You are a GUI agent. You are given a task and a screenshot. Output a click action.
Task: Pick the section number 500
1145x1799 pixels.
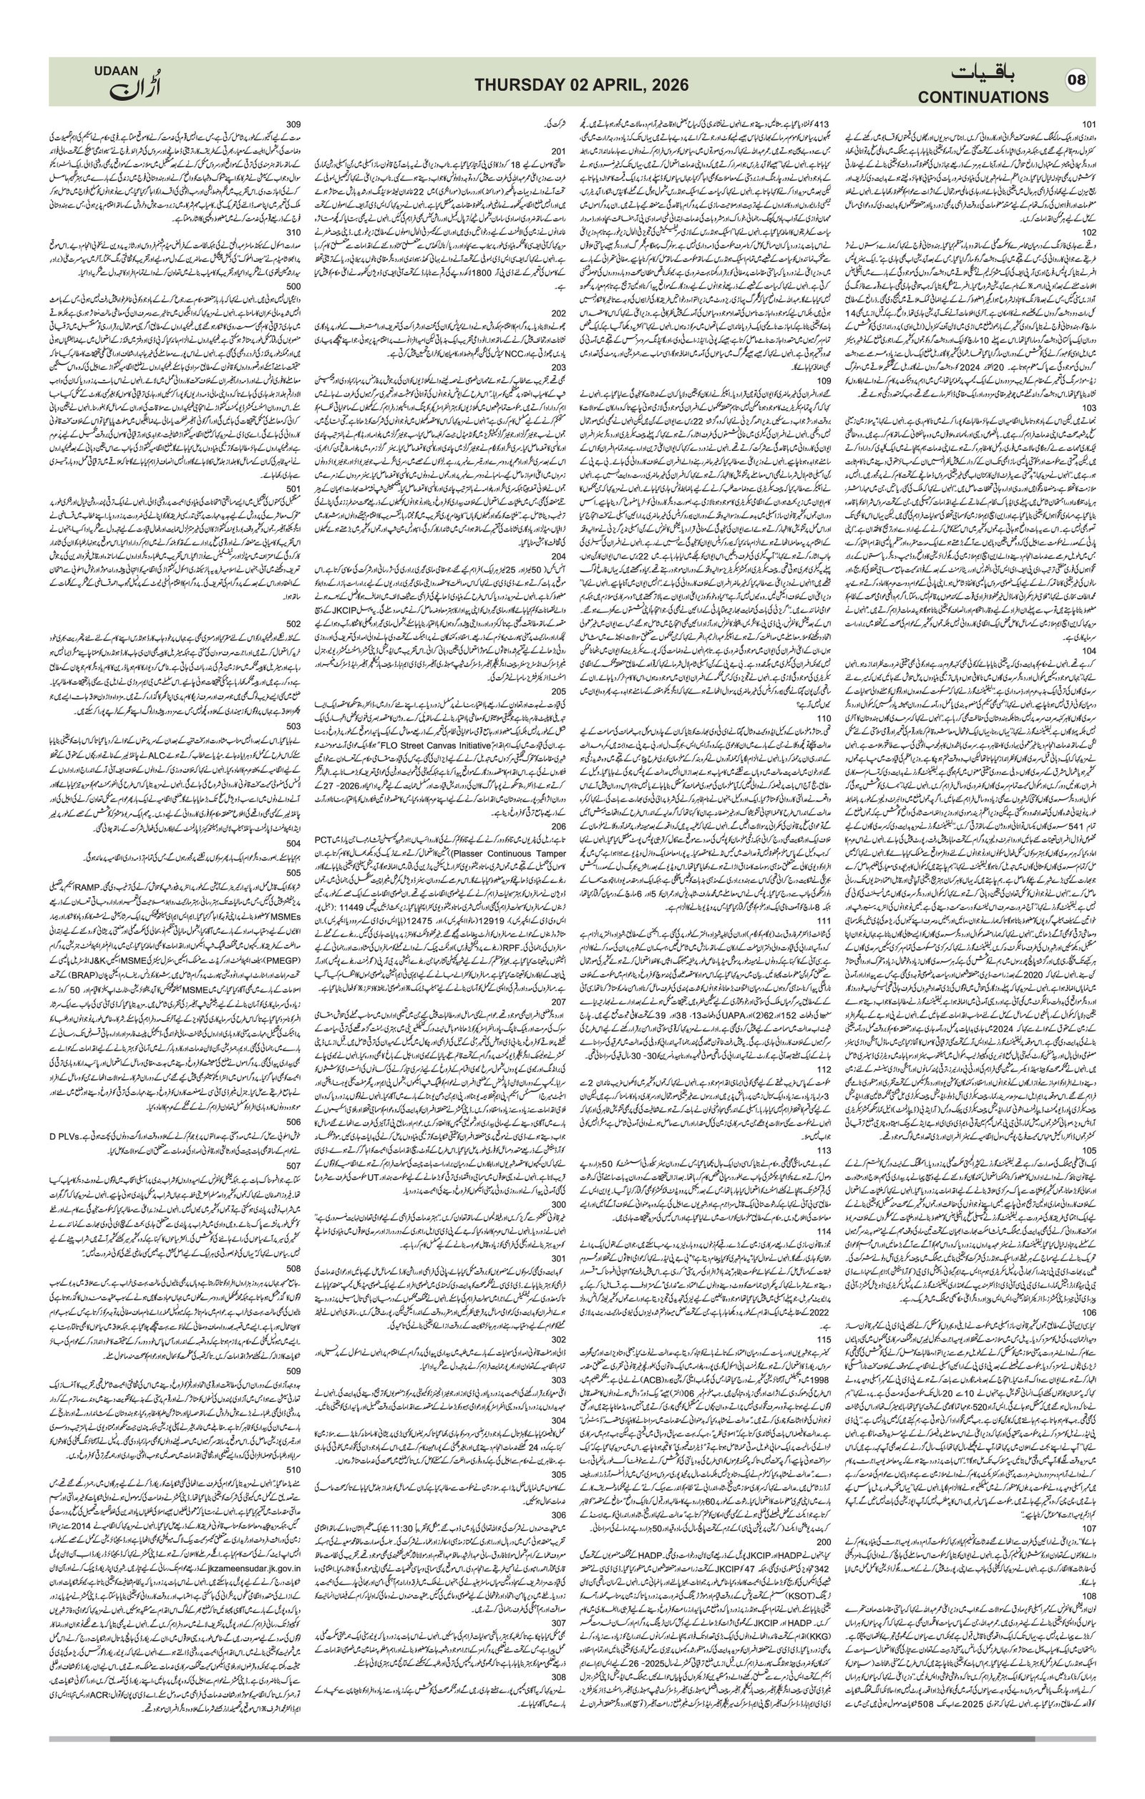point(293,286)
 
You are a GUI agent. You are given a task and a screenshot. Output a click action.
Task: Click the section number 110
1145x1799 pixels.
point(824,718)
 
